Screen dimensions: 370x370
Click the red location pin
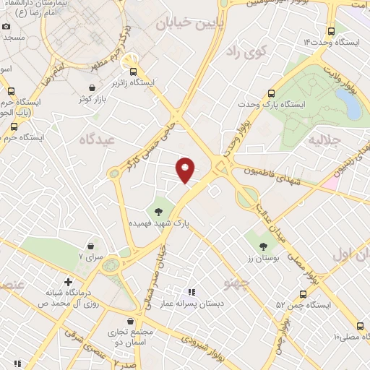coord(186,169)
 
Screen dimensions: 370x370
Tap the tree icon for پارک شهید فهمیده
coord(158,212)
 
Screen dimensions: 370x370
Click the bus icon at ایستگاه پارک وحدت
coord(271,93)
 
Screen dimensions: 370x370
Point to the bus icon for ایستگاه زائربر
coord(134,71)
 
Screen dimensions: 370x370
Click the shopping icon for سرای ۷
coord(90,246)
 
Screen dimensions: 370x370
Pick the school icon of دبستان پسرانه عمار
coord(192,292)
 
